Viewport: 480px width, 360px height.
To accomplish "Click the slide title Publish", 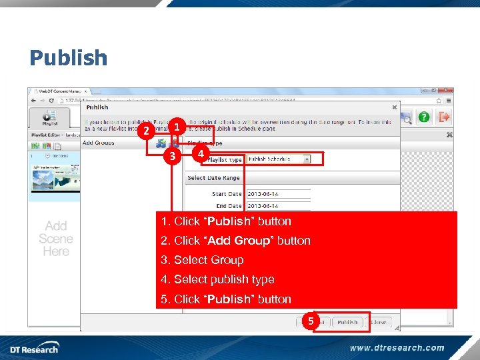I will click(x=68, y=58).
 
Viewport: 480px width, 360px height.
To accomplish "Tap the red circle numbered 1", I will click(x=177, y=126).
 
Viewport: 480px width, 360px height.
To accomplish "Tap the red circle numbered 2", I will click(x=145, y=131).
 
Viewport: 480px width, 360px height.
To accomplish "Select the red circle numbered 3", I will click(x=172, y=157).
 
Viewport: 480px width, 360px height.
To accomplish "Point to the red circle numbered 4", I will click(x=199, y=154).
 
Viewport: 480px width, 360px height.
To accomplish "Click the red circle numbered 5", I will click(x=309, y=321).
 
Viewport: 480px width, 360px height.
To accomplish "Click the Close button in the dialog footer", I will click(x=379, y=322).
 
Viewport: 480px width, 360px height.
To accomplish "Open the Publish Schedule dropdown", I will click(x=279, y=159).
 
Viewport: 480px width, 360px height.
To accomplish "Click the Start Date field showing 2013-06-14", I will click(x=278, y=194).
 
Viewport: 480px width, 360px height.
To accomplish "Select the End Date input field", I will click(x=278, y=205).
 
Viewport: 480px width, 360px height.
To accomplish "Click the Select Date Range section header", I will click(x=213, y=178).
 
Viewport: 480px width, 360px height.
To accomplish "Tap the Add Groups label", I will click(x=98, y=143).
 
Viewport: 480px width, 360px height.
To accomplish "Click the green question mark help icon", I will click(x=424, y=117).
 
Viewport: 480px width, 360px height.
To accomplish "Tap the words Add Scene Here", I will click(x=56, y=239).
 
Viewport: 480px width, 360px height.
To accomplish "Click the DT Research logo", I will click(x=34, y=348).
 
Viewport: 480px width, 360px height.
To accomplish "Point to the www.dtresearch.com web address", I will click(x=397, y=347).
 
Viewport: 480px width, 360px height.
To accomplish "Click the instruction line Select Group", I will click(x=209, y=260).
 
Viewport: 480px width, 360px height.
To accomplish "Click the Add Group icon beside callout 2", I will click(x=161, y=143).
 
